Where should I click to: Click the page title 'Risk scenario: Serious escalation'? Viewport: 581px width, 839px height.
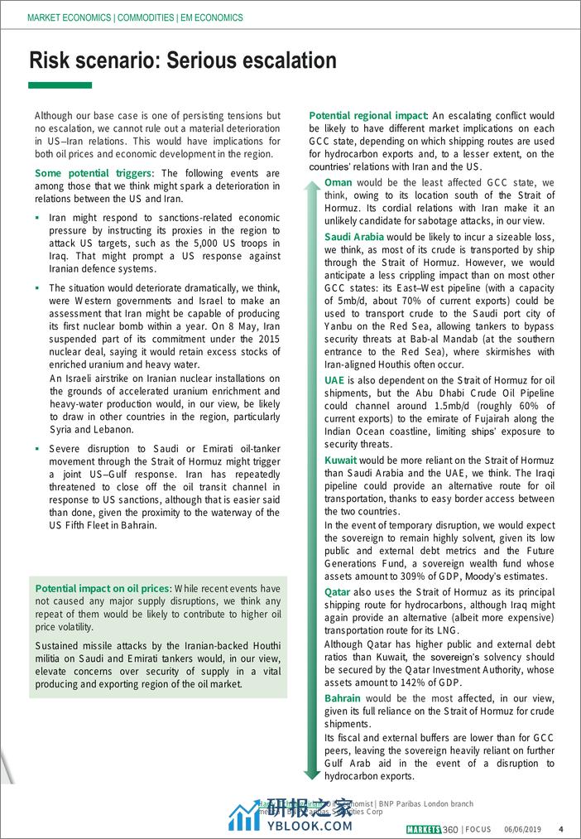coord(183,60)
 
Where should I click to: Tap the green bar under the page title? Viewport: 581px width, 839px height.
coord(60,85)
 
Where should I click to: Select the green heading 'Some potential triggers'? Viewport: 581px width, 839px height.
coord(94,173)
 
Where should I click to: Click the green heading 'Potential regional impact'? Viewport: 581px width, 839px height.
coord(368,117)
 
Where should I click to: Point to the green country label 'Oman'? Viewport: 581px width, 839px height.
coord(339,182)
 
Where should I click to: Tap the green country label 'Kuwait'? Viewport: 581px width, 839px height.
coord(341,460)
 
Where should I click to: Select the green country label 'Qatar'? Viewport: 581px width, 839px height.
coord(338,592)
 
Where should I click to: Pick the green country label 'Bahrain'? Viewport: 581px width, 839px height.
coord(343,698)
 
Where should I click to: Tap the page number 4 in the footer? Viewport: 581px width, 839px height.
coord(561,829)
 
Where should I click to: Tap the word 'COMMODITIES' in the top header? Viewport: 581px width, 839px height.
coord(152,17)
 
